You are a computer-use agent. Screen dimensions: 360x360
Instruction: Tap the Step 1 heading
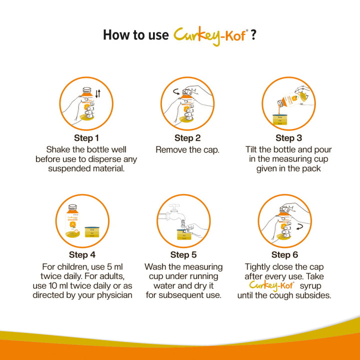tap(86, 138)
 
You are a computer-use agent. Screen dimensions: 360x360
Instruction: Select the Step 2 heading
tap(187, 138)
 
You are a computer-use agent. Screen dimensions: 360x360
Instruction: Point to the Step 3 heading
tap(288, 138)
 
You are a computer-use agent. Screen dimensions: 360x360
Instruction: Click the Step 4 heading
tap(82, 254)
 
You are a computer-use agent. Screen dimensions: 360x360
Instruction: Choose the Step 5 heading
tap(183, 254)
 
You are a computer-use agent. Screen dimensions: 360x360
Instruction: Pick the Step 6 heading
tap(284, 254)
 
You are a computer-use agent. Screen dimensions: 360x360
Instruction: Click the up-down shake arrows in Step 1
tap(98, 93)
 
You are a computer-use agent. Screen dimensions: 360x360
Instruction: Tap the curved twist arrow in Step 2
tap(176, 92)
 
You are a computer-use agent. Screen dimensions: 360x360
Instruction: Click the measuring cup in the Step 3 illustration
tap(279, 119)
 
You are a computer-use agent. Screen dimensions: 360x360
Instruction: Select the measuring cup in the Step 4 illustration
tap(92, 232)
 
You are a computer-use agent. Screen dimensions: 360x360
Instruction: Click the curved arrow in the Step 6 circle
tap(299, 227)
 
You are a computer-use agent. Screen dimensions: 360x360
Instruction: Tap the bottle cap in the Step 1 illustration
tap(87, 90)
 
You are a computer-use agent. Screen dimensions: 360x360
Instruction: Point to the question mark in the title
tap(253, 35)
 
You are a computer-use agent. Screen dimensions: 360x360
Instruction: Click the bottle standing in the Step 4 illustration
tap(72, 221)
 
